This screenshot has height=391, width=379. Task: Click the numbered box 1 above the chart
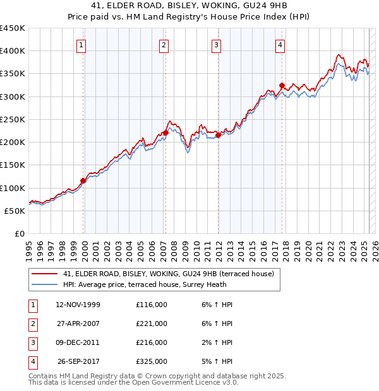[83, 45]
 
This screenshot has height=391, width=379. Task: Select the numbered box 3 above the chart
[216, 45]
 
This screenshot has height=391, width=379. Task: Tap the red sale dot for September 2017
[282, 86]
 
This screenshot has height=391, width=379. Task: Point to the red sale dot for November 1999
[83, 181]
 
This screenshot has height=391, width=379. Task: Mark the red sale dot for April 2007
[165, 133]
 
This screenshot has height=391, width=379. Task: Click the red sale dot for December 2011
[218, 135]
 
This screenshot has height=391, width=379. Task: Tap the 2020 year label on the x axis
[310, 248]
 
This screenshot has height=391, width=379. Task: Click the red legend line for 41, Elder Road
[44, 274]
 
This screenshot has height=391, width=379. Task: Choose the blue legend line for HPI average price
[44, 284]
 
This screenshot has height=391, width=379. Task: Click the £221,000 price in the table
[152, 324]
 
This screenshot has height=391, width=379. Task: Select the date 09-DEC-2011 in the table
[78, 343]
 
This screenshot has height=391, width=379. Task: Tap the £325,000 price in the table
[152, 362]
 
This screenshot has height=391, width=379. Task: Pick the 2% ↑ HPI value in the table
[220, 343]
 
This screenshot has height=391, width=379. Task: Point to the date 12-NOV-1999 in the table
[78, 305]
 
